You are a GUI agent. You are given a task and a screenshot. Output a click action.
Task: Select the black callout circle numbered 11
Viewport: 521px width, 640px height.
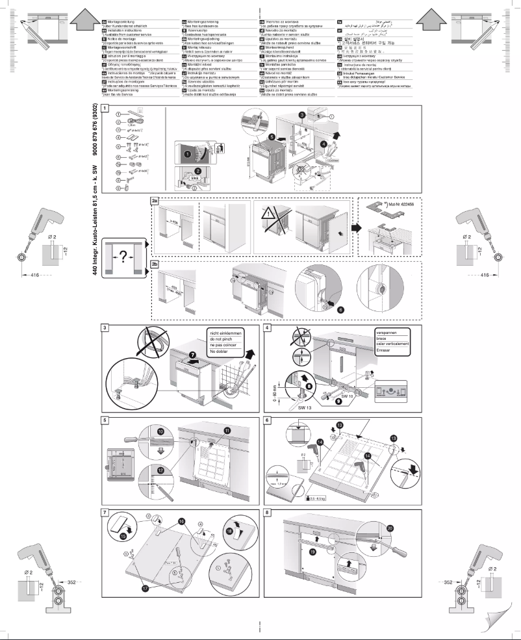pyautogui.click(x=227, y=431)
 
